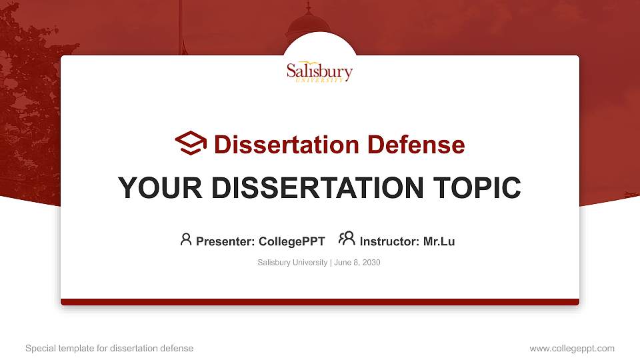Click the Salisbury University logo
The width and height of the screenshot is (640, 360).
[x=319, y=71]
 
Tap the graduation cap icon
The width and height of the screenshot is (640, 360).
[x=191, y=143]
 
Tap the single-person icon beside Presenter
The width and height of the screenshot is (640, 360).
[x=186, y=239]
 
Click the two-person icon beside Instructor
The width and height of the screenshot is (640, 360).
[x=347, y=239]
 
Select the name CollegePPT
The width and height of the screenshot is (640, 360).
[x=291, y=241]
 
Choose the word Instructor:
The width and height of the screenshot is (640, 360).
[x=389, y=241]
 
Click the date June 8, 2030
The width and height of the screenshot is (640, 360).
[x=357, y=263]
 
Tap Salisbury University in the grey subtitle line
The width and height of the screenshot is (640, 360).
[x=292, y=263]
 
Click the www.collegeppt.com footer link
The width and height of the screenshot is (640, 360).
[x=571, y=348]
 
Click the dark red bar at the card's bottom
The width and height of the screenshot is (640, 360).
[x=319, y=302]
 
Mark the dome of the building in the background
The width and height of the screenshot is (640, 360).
[x=307, y=25]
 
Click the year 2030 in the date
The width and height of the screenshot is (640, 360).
[x=371, y=263]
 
